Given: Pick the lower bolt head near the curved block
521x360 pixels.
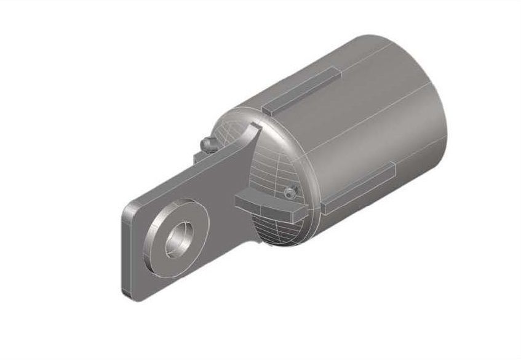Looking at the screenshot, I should click(292, 193).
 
